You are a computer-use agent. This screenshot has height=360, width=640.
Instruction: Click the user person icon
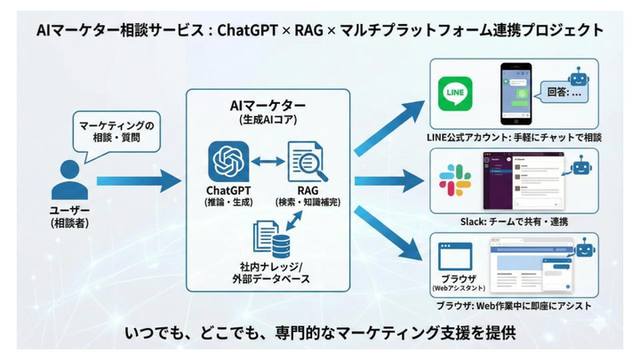pos(70,180)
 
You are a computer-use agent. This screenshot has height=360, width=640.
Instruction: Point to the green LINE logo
pos(456,94)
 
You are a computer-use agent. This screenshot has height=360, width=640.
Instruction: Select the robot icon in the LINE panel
pos(580,78)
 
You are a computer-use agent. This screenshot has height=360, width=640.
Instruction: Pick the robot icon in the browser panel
pos(584,250)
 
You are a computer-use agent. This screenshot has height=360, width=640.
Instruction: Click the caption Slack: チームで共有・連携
pos(514,220)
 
